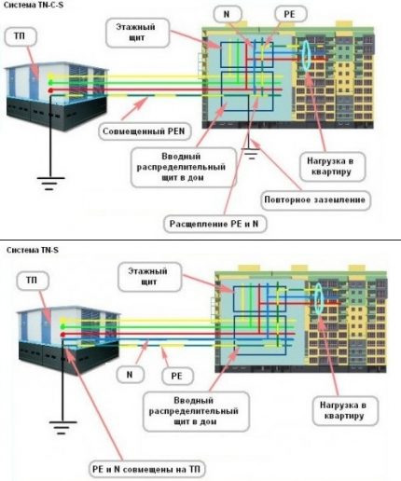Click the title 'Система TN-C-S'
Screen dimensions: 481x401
tap(29, 6)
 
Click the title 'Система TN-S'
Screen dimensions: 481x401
tap(25, 251)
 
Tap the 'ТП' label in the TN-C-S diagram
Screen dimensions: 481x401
tap(21, 37)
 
